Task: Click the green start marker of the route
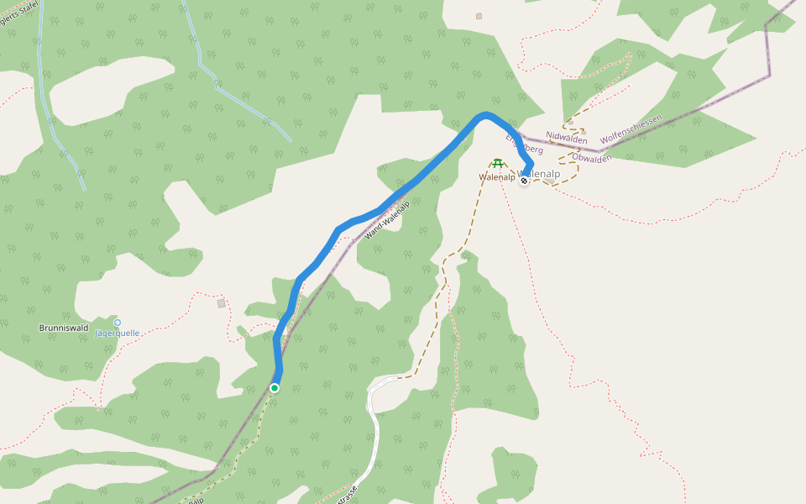pos(275,387)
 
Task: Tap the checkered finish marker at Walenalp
pos(524,181)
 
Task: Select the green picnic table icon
pos(497,163)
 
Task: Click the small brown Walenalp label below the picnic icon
pos(496,177)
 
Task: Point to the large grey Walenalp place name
pos(542,173)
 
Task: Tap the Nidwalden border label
pos(566,136)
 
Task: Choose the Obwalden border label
pos(591,158)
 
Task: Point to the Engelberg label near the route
pos(525,143)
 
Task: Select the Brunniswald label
pos(64,328)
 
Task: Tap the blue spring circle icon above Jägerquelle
pos(117,322)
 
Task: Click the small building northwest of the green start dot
pos(221,303)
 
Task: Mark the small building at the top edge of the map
pos(479,16)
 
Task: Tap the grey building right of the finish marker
pos(547,181)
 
